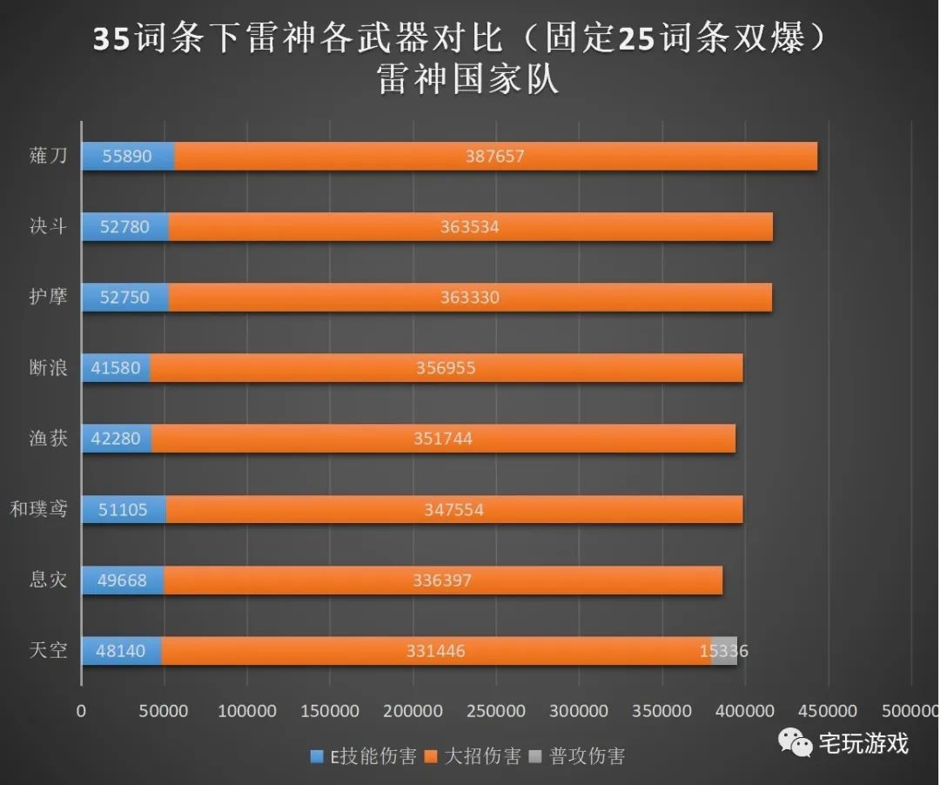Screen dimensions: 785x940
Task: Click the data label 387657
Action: pos(496,157)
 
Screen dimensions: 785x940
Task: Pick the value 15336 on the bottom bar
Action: pos(723,651)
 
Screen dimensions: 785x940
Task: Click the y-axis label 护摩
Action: pos(49,298)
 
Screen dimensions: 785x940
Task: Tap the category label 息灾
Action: pos(49,580)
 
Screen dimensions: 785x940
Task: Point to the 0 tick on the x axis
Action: pos(82,711)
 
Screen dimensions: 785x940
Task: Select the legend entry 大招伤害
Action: pos(473,755)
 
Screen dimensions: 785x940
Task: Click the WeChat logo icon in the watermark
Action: pos(795,742)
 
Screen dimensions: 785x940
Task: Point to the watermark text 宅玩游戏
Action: pos(863,743)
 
